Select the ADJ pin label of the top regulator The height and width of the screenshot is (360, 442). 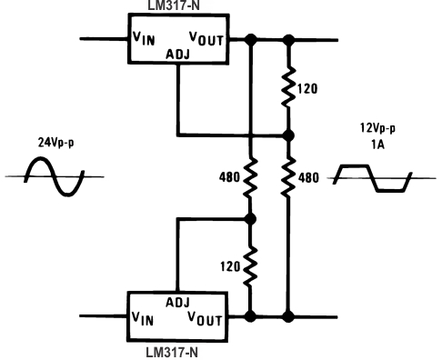click(x=177, y=54)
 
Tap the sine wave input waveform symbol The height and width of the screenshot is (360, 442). click(x=54, y=175)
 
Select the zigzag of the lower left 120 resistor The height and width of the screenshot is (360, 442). click(x=249, y=267)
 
